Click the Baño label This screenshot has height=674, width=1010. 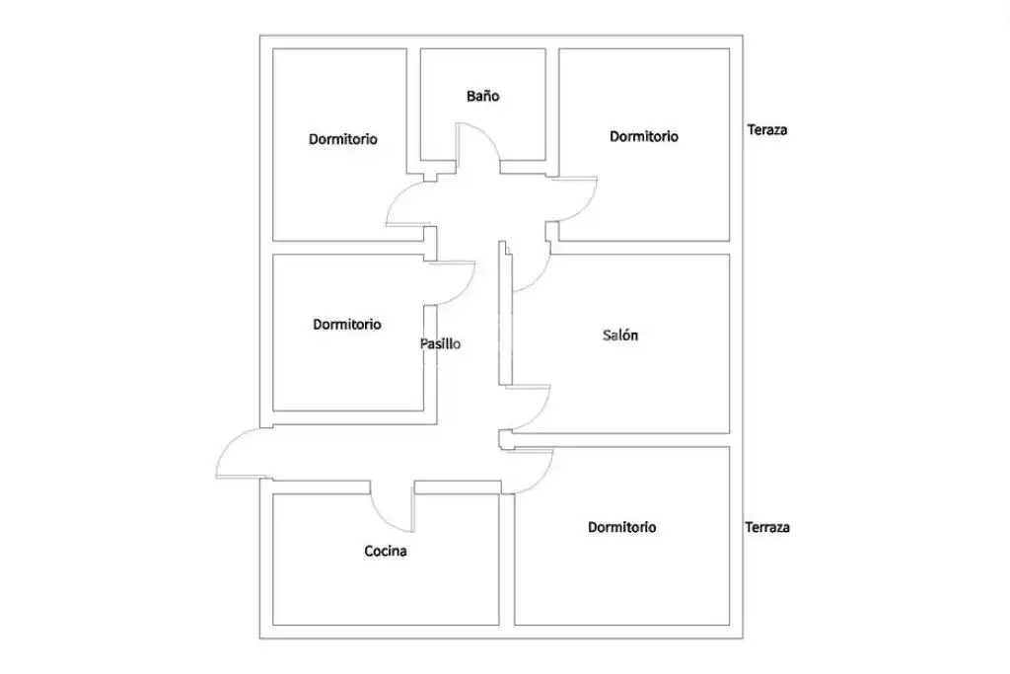pos(482,96)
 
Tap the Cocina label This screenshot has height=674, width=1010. pos(386,551)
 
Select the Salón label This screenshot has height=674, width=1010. pos(620,336)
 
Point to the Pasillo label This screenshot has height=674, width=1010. pos(441,344)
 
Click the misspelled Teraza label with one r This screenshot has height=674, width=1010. pos(767,130)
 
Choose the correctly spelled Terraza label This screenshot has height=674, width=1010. pos(767,528)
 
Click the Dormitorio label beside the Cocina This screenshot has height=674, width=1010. pos(621,528)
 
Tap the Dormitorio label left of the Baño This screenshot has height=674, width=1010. pos(342,139)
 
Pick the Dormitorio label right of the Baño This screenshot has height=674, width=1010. pos(643,136)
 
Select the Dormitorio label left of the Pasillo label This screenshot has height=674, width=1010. pos(347,325)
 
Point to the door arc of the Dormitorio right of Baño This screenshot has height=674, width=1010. pos(588,206)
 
